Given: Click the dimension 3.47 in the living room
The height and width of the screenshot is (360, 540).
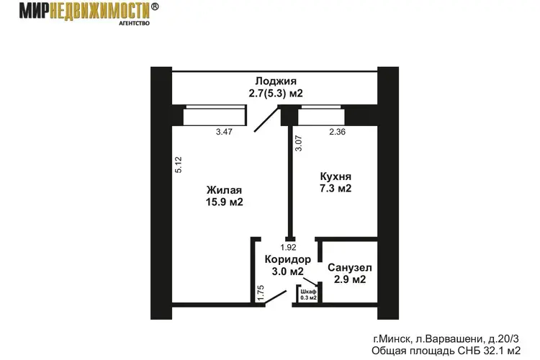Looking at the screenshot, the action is pyautogui.click(x=224, y=132).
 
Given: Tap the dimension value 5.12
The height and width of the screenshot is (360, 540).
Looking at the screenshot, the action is pyautogui.click(x=179, y=165).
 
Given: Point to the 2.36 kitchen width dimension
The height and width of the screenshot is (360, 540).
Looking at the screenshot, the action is pyautogui.click(x=337, y=132).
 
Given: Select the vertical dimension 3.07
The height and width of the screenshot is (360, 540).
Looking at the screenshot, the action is pyautogui.click(x=299, y=143).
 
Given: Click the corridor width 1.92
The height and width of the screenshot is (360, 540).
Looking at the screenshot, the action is pyautogui.click(x=288, y=248).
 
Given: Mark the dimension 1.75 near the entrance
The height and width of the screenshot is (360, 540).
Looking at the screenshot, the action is pyautogui.click(x=261, y=293).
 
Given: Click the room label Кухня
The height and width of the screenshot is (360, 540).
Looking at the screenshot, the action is pyautogui.click(x=336, y=176).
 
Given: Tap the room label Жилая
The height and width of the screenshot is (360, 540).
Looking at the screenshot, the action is pyautogui.click(x=224, y=190).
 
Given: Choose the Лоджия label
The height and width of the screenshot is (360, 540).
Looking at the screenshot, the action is pyautogui.click(x=276, y=81).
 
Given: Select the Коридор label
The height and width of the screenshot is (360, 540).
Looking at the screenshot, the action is pyautogui.click(x=288, y=259).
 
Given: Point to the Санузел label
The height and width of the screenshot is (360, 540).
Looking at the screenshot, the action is pyautogui.click(x=350, y=267).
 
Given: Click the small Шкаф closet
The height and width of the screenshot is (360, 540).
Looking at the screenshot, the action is pyautogui.click(x=308, y=294).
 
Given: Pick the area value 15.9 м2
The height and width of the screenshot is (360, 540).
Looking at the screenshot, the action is pyautogui.click(x=225, y=202).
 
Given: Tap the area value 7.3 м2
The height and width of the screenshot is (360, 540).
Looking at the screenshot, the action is pyautogui.click(x=336, y=189).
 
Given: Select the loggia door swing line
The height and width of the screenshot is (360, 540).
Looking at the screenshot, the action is pyautogui.click(x=266, y=120).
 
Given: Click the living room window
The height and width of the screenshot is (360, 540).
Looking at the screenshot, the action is pyautogui.click(x=215, y=116).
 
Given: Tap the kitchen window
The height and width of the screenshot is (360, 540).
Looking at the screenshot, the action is pyautogui.click(x=321, y=116).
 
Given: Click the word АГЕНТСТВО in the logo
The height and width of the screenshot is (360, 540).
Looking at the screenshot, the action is pyautogui.click(x=135, y=24).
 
